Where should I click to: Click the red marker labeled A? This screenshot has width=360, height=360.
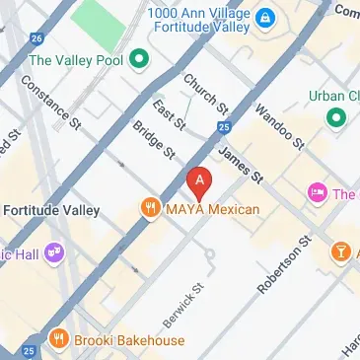tap(200, 181)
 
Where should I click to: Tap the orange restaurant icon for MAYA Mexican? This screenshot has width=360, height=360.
tap(150, 208)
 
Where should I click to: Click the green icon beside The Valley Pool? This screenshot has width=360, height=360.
tap(139, 59)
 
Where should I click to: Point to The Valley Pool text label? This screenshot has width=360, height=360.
tap(78, 59)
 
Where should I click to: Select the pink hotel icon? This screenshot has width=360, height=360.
tap(318, 193)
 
